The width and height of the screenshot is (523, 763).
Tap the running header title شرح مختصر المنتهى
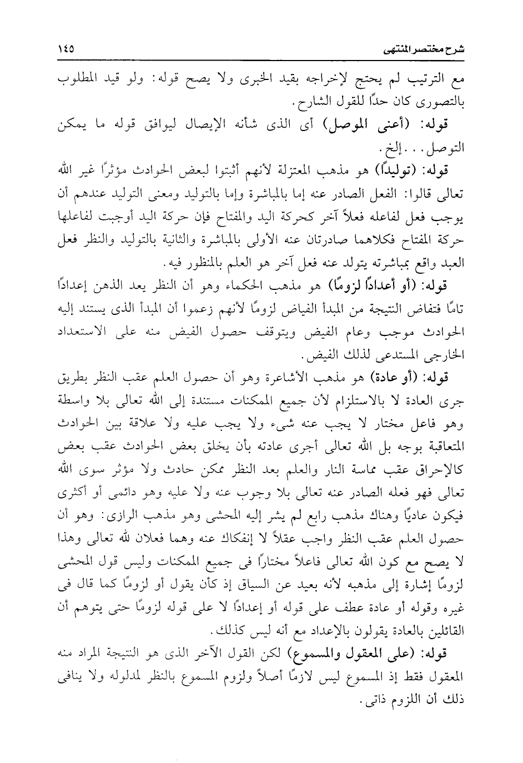coord(431,51)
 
